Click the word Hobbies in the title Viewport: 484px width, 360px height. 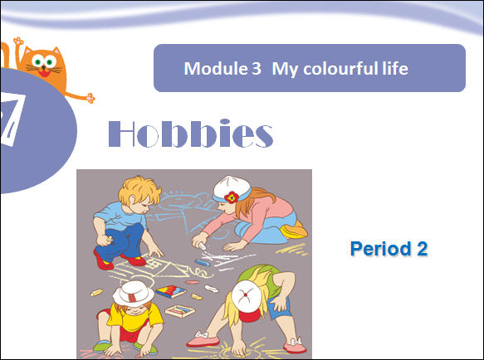191,134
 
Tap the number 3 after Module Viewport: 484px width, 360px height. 257,69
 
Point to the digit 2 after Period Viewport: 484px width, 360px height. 423,249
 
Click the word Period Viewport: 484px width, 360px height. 380,249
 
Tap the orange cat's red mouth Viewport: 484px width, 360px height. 44,74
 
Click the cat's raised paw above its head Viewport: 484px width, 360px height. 18,41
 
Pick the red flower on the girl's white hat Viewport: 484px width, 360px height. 231,197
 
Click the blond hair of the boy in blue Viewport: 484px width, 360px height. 140,190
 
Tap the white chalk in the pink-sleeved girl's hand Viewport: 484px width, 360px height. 203,246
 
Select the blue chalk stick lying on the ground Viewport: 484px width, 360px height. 203,263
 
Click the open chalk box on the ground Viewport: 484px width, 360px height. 179,310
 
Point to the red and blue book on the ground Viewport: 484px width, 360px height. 171,291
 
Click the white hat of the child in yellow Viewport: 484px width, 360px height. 134,294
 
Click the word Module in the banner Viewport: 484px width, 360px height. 215,68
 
